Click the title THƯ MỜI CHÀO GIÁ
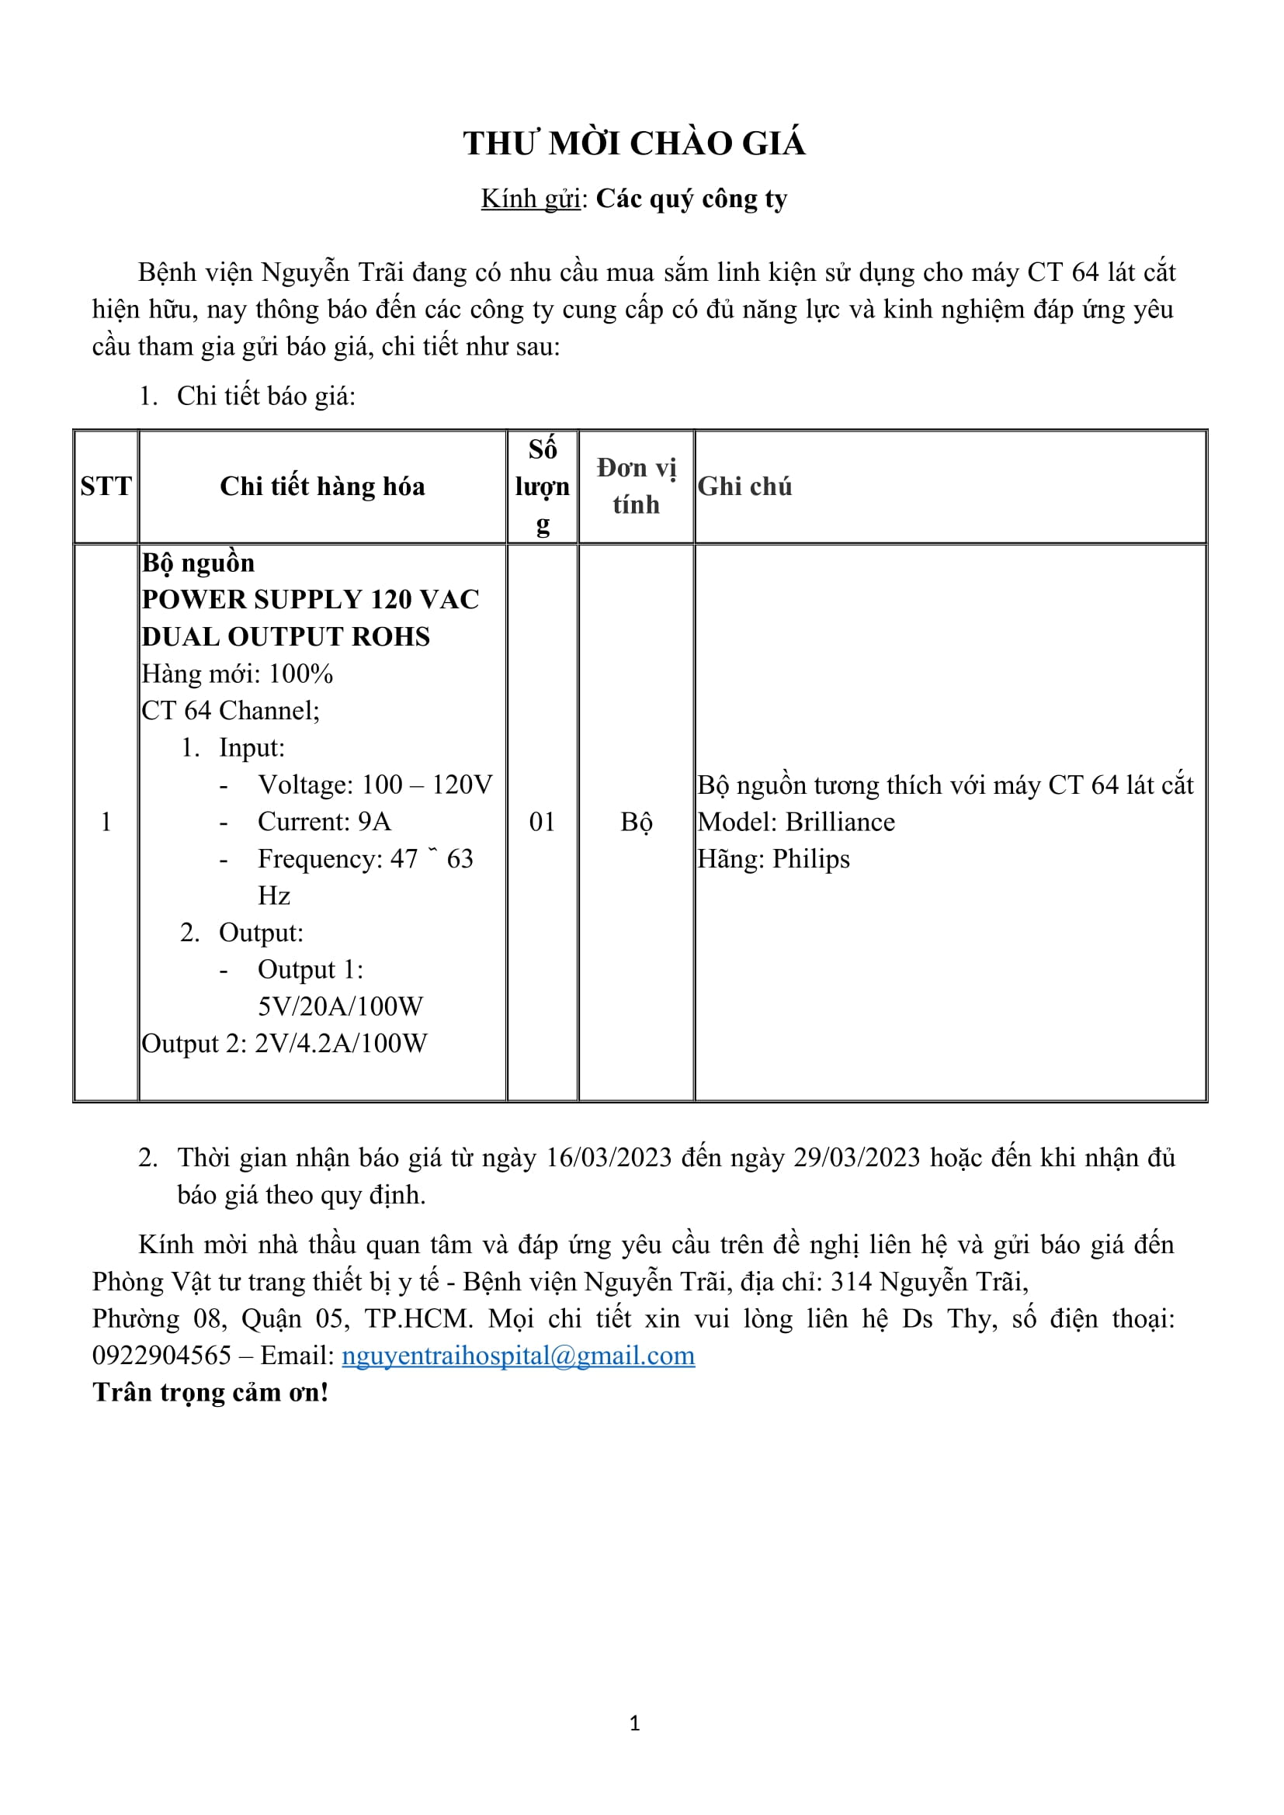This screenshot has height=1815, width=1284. point(634,144)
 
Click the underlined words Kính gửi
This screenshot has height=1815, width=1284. point(530,199)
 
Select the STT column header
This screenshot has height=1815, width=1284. point(106,487)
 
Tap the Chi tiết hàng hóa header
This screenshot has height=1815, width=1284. point(322,487)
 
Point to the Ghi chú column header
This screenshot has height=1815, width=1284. point(744,487)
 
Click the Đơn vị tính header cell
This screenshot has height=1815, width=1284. point(636,487)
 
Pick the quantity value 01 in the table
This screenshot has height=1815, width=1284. point(542,821)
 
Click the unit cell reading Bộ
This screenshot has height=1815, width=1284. point(636,821)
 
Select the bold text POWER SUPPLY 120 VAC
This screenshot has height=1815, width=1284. point(310,599)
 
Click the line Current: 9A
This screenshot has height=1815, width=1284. point(324,821)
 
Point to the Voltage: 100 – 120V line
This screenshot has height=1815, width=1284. point(375,785)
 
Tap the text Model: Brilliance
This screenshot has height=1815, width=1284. point(796,821)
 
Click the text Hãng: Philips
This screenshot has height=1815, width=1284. point(773,858)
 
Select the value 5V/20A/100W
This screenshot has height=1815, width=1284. point(340,1006)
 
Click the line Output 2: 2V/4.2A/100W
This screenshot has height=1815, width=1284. point(284,1044)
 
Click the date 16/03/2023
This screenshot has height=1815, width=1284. point(609,1157)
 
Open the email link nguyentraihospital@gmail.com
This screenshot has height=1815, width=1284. point(518,1355)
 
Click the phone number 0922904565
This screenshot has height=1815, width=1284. point(161,1355)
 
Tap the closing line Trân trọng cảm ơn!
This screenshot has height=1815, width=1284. point(210,1392)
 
